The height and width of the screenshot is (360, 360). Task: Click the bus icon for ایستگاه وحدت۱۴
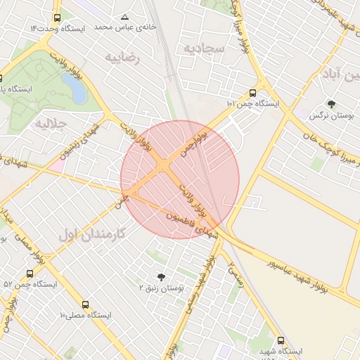pyautogui.click(x=56, y=18)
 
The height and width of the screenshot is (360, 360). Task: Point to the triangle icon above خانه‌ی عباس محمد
pyautogui.click(x=125, y=16)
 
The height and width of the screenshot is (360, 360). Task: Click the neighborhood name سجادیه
pyautogui.click(x=204, y=48)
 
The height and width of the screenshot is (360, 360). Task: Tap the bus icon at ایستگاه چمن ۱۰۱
pyautogui.click(x=252, y=92)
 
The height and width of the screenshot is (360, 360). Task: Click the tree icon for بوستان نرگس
pyautogui.click(x=331, y=104)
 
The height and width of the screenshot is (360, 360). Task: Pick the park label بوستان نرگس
pyautogui.click(x=331, y=115)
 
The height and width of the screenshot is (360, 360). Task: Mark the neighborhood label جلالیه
pyautogui.click(x=50, y=124)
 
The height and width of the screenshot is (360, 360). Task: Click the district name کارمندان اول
pyautogui.click(x=92, y=234)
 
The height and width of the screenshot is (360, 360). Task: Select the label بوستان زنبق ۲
pyautogui.click(x=162, y=288)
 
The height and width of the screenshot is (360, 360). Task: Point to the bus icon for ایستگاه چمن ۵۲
pyautogui.click(x=30, y=274)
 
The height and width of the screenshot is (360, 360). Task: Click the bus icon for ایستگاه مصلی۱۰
pyautogui.click(x=85, y=304)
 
